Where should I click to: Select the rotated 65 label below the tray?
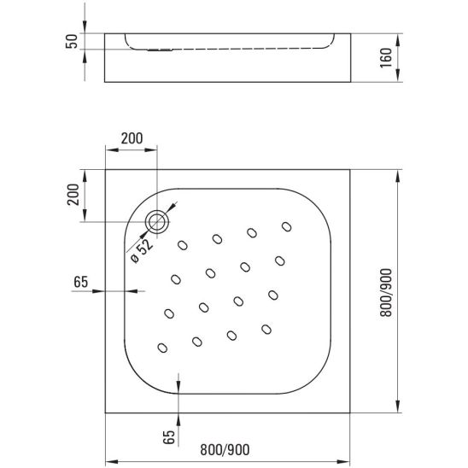pos(169,437)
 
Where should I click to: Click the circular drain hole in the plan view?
pos(158,222)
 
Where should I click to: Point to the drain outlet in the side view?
pos(155,49)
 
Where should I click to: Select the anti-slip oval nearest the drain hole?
pos(183,245)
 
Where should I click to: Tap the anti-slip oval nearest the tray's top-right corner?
pos(285,226)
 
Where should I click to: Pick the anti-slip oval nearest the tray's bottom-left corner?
pos(162,348)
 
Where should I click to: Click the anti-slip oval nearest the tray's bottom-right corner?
pos(266,328)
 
